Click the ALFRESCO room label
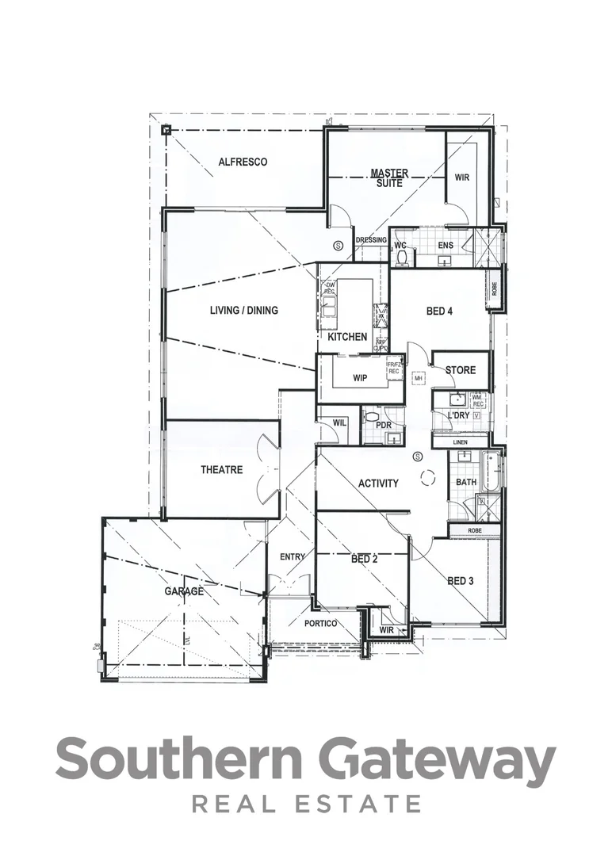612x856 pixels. (243, 162)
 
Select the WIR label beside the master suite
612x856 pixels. (462, 178)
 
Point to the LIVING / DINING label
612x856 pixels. (243, 310)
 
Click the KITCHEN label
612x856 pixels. (347, 337)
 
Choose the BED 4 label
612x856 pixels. (439, 311)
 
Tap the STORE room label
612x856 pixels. (460, 370)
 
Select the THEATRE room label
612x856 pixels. (221, 470)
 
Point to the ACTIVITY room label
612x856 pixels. (378, 483)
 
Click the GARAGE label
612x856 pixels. (184, 590)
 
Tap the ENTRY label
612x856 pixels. (292, 557)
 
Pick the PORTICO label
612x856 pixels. (320, 624)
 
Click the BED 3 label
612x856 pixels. (460, 581)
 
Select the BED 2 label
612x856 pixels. (364, 559)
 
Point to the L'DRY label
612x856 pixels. (458, 415)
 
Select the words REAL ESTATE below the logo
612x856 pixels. (306, 804)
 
